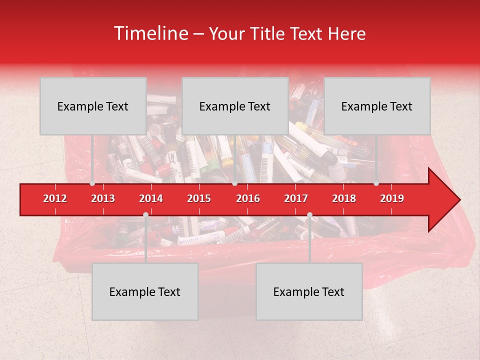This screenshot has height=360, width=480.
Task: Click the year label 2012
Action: click(x=55, y=198)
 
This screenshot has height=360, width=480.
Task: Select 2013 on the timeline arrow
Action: click(x=103, y=198)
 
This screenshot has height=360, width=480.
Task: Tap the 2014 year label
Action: click(x=151, y=198)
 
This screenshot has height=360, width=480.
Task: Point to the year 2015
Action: click(x=199, y=198)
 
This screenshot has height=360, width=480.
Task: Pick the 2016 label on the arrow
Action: click(x=248, y=198)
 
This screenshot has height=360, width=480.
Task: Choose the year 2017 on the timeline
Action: click(x=296, y=198)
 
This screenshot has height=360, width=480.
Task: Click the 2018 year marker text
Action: click(x=344, y=198)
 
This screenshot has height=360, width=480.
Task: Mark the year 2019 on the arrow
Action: click(x=392, y=198)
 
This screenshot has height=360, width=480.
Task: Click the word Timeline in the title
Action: click(x=150, y=33)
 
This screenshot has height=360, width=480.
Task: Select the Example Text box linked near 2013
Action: click(x=93, y=106)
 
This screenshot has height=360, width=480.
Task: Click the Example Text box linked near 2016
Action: click(x=235, y=106)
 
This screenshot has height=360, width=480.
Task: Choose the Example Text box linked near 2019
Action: click(x=377, y=106)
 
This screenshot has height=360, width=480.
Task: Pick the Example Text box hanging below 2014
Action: click(x=145, y=291)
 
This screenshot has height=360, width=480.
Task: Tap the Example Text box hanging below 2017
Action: click(x=309, y=291)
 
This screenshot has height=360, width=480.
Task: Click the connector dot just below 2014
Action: click(x=145, y=215)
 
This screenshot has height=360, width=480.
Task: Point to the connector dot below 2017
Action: click(x=309, y=215)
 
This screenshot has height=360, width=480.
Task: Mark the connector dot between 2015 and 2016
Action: click(x=234, y=183)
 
